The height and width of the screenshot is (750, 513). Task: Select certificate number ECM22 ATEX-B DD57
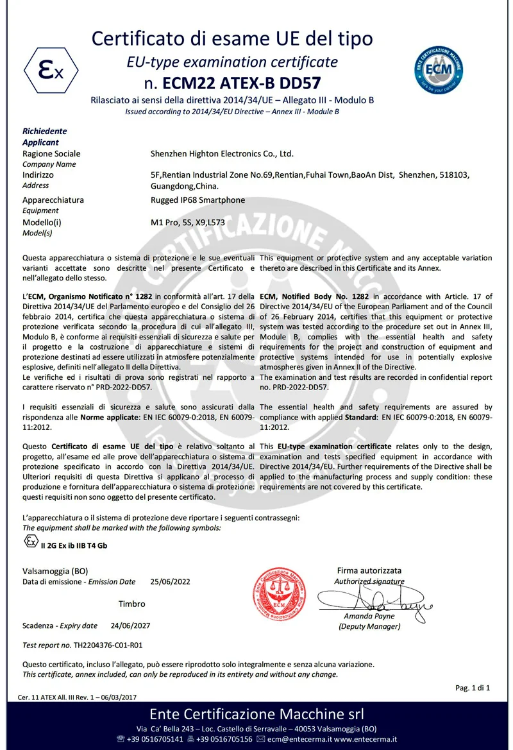tap(242, 83)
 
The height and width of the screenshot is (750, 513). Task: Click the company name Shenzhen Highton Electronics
tap(221, 154)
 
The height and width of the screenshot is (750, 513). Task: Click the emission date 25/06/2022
tap(171, 582)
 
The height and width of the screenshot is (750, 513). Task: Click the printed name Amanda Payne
tap(368, 616)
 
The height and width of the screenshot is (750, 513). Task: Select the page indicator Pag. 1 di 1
tap(473, 688)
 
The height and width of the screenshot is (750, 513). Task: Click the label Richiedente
tap(45, 131)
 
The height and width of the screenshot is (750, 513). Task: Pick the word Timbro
tap(131, 604)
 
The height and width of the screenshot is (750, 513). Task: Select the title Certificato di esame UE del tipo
tap(232, 38)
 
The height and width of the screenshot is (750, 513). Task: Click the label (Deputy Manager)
tap(369, 626)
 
